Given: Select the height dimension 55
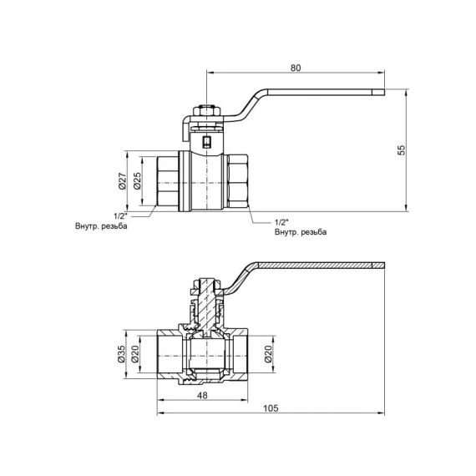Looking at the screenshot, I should [x=402, y=149].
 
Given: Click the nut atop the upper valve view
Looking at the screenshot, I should [x=205, y=110].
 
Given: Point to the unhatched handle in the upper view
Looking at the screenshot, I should [x=317, y=94].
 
